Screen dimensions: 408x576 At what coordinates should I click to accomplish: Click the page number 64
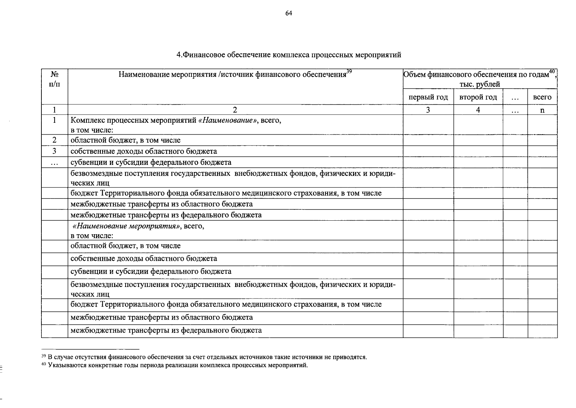click(289, 13)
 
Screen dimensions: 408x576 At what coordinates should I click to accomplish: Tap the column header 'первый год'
click(428, 97)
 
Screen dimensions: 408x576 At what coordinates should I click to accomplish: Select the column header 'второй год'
click(478, 97)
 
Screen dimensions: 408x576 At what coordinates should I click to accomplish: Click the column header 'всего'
click(542, 97)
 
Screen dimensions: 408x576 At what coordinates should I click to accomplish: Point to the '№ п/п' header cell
click(54, 79)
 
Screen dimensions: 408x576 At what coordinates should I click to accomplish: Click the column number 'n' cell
click(542, 110)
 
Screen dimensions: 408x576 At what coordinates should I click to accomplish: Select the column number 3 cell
click(428, 110)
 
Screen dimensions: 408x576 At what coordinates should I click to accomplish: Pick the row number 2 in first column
click(54, 140)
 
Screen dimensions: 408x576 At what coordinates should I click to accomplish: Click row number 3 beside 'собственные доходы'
click(54, 151)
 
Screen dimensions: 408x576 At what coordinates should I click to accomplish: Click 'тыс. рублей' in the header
click(479, 84)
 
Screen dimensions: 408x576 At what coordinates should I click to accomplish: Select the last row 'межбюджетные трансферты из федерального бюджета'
click(166, 330)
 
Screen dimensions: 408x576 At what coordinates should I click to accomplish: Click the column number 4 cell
click(478, 110)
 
